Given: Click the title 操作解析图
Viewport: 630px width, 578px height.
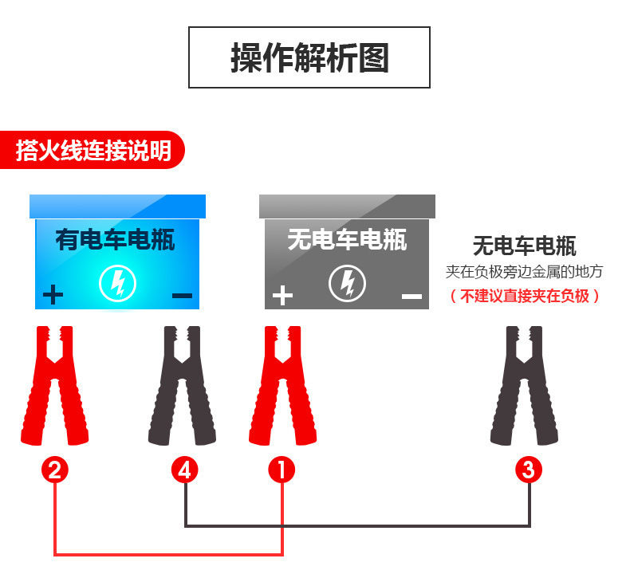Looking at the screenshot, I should (309, 58).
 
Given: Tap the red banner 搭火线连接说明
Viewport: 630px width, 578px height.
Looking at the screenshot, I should (93, 150).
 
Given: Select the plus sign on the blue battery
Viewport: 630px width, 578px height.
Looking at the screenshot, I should (53, 296).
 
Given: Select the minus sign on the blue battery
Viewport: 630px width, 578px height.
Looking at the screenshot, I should (182, 296).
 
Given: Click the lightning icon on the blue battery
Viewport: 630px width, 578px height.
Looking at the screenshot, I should (117, 284).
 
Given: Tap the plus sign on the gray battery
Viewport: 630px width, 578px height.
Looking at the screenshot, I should (282, 296).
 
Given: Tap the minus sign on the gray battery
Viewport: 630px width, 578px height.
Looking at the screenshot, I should (411, 297).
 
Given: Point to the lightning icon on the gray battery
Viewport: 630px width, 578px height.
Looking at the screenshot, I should (347, 284).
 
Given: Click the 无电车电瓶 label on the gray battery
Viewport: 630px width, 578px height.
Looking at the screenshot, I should (347, 239).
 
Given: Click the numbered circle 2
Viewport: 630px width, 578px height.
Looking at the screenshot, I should (54, 470).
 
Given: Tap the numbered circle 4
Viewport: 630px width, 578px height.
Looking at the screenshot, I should (185, 470).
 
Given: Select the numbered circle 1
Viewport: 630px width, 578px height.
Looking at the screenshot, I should (282, 470).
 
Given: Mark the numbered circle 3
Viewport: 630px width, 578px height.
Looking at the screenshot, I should (528, 470).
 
